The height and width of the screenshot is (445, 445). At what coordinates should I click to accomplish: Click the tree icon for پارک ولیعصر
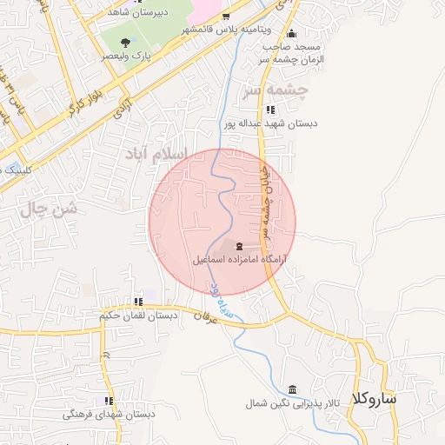(x=127, y=42)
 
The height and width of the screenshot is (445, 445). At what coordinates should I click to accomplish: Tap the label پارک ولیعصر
(x=127, y=55)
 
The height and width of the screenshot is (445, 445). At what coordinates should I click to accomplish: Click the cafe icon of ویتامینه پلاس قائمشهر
(x=226, y=17)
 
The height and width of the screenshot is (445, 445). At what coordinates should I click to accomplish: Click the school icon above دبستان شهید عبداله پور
(x=270, y=110)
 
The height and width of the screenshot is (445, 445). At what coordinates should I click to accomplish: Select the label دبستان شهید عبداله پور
(x=270, y=123)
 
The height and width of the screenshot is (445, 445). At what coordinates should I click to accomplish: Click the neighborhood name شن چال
(x=49, y=209)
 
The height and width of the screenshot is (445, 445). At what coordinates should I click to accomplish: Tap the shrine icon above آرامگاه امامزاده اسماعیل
(x=240, y=247)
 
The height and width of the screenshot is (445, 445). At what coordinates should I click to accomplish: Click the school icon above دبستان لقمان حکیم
(x=138, y=302)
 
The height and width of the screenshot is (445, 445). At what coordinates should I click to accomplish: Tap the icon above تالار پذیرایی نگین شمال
(x=291, y=389)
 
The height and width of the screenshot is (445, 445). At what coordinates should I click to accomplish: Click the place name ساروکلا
(x=375, y=399)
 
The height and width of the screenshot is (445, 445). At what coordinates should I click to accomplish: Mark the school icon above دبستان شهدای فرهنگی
(x=109, y=401)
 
